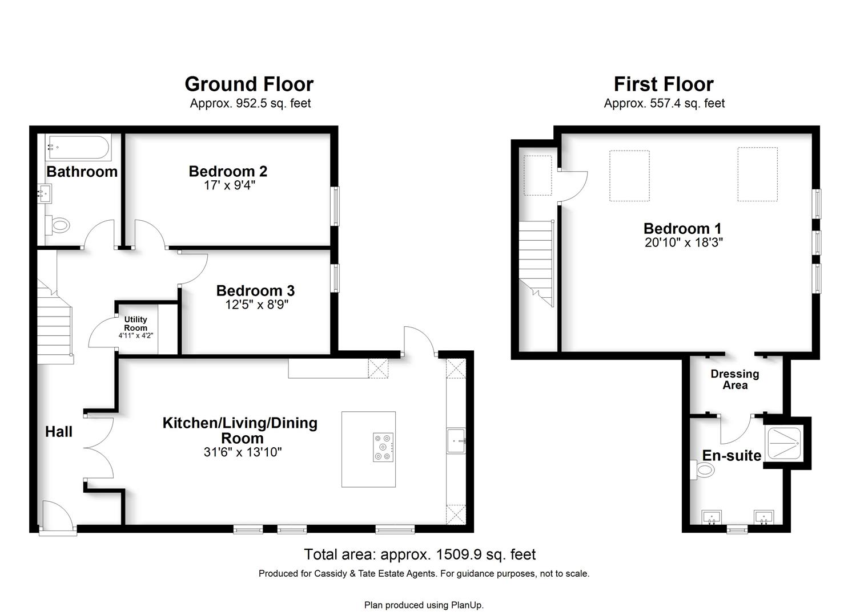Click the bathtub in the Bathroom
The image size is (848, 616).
point(78,147)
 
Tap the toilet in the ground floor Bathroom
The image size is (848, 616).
point(58,226)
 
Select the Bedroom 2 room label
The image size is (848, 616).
point(228,171)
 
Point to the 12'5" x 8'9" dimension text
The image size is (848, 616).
point(257,305)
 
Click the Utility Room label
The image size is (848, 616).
point(135,324)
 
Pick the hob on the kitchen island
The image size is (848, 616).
point(383,447)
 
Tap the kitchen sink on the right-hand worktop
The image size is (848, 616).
point(456,440)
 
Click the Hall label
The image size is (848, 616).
point(59,432)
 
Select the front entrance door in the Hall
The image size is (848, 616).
point(58,516)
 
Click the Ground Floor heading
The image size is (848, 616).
point(249,84)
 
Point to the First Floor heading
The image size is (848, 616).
point(664,84)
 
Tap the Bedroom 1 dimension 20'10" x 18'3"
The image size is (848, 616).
point(684,242)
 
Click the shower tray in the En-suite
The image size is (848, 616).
point(784,443)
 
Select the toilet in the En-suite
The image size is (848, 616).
point(702,470)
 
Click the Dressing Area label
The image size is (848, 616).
point(735,380)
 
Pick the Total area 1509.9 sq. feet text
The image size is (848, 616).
point(420,555)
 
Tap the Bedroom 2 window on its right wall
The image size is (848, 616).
point(335,206)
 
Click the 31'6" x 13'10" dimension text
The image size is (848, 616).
point(243,452)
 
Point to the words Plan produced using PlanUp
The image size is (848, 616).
point(424,605)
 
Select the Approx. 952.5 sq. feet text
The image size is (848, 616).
point(250,103)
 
